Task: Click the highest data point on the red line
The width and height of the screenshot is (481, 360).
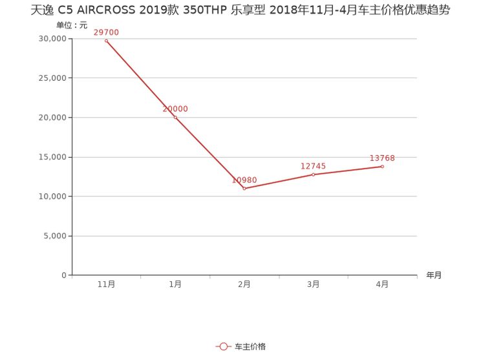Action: (x=106, y=41)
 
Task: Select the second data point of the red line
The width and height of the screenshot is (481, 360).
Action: (x=175, y=117)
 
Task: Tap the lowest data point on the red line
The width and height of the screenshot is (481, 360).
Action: (x=245, y=189)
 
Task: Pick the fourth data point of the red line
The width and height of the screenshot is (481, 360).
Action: (x=314, y=175)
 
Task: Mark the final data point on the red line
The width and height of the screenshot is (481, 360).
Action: (x=382, y=166)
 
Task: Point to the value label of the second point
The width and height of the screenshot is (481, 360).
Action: (x=176, y=108)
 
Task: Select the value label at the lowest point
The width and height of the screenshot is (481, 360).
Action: (x=245, y=179)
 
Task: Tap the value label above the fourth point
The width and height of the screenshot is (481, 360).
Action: (x=314, y=165)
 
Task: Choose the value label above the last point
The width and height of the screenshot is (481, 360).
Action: (x=382, y=157)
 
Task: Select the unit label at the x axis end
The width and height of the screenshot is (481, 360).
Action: (x=434, y=275)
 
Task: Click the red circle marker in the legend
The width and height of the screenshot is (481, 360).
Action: (x=223, y=346)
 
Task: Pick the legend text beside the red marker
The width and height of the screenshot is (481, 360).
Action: (x=250, y=347)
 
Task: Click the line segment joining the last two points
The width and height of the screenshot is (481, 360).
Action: (x=348, y=171)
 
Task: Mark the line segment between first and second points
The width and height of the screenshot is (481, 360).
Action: (x=140, y=79)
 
